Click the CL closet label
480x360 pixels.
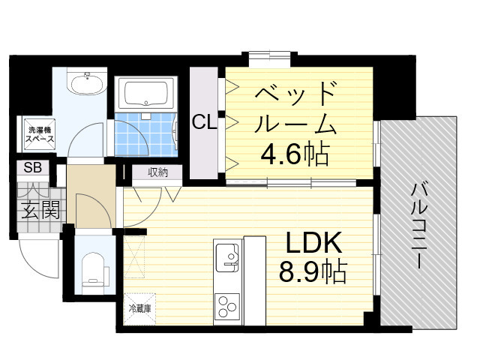point(204,122)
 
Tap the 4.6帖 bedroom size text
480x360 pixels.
point(294,154)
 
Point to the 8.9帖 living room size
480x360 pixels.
point(313,272)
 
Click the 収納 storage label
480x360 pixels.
point(157,172)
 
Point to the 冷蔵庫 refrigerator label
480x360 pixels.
point(140,307)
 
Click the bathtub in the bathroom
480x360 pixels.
point(148,94)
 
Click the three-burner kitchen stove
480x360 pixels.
point(227,307)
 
